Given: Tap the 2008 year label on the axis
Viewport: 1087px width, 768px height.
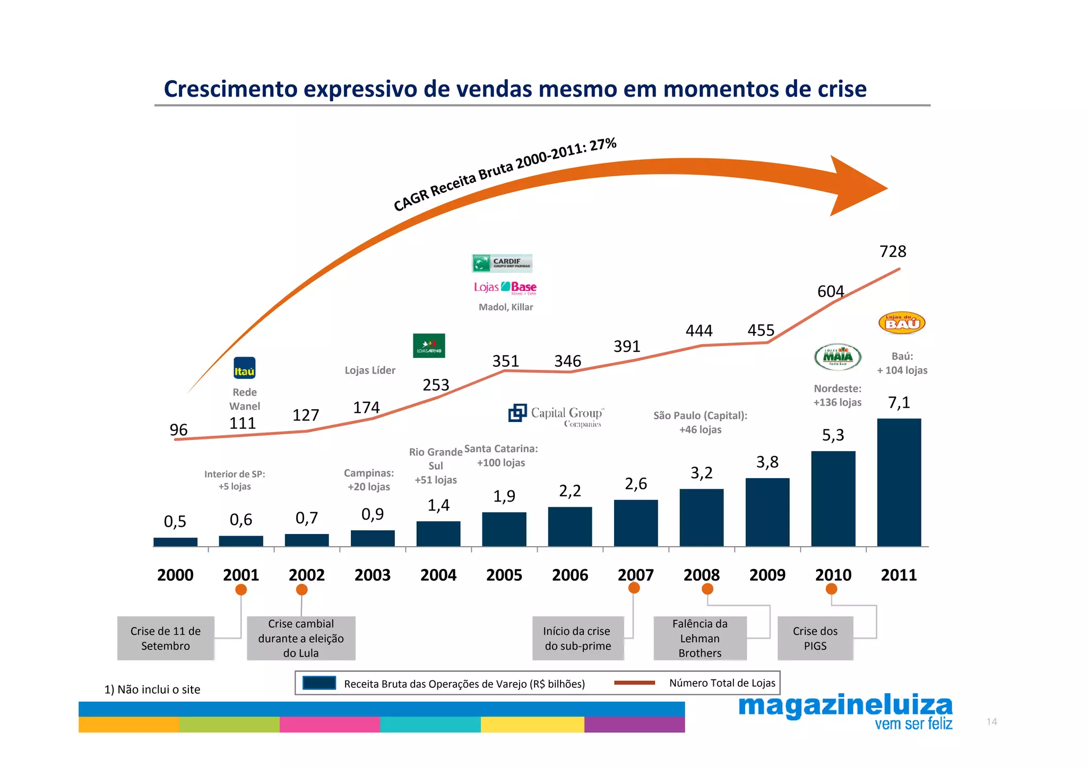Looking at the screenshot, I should coord(701,575).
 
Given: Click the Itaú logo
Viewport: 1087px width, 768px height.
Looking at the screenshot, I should coord(245,368).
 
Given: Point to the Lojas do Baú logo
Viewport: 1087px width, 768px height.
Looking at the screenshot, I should coord(902,323).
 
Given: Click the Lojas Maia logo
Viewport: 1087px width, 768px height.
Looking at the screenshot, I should coord(838,357).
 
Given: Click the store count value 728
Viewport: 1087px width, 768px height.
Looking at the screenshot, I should coord(893,252).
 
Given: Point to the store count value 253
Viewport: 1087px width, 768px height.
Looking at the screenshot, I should coord(436,385).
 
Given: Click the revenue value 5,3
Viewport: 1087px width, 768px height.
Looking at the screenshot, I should coord(833,436).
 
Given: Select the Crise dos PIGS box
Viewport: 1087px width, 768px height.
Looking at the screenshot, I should coord(815,638).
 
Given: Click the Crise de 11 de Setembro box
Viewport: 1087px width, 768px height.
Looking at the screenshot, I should coord(166,638).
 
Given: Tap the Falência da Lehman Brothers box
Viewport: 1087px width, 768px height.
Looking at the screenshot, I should coord(700,638).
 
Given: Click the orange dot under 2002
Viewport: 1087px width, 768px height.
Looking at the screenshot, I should coord(302,590).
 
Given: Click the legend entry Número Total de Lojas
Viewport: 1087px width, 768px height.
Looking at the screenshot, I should coord(721,683).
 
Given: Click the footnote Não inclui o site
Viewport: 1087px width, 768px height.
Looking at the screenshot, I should coord(152,689).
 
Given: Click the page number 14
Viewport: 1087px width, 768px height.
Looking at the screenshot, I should coord(991,722).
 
